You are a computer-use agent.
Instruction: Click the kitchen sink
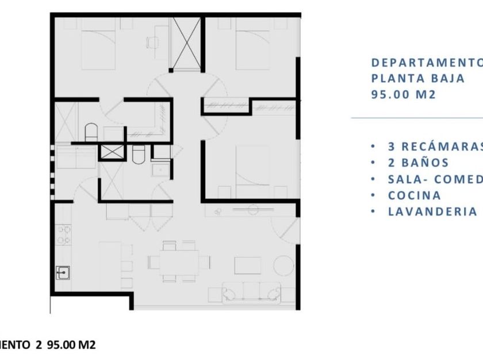pyautogui.click(x=63, y=272)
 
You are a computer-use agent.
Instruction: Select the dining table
pyautogui.click(x=179, y=261)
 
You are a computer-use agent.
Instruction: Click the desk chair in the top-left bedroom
pyautogui.click(x=153, y=41)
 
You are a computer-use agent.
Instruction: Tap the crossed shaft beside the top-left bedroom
pyautogui.click(x=185, y=43)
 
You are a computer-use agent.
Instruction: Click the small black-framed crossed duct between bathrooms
pyautogui.click(x=112, y=152)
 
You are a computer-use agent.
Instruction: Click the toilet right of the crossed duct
pyautogui.click(x=138, y=156)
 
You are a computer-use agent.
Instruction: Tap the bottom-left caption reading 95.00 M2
pyautogui.click(x=71, y=345)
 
